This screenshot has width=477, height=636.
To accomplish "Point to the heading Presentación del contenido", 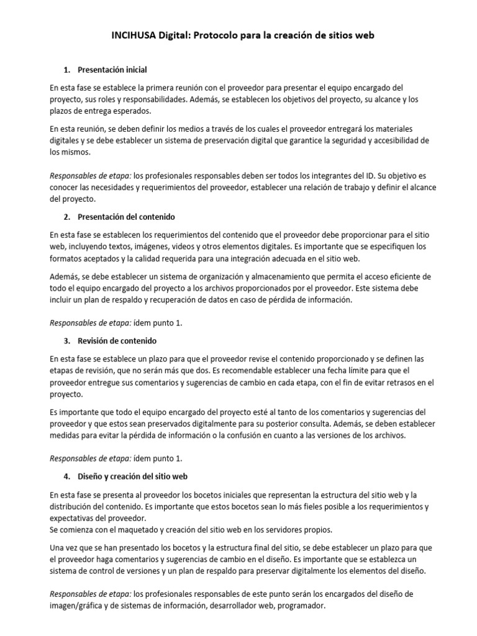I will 127,217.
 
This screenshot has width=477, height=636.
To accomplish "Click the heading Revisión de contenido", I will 117,341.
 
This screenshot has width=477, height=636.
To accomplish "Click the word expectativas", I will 73,518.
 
